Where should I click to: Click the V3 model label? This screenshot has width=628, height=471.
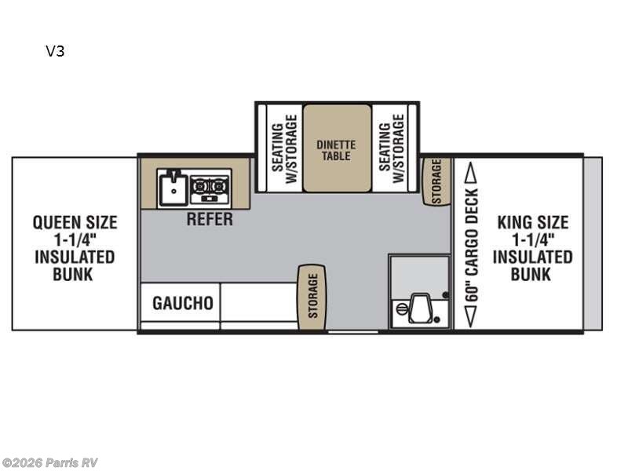point(55,51)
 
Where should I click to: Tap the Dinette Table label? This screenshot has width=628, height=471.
point(336,150)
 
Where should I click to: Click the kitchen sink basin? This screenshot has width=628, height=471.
point(173,188)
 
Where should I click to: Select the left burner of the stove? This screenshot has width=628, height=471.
point(199,186)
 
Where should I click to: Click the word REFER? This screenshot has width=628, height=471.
point(210,219)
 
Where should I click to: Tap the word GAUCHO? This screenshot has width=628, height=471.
point(183,303)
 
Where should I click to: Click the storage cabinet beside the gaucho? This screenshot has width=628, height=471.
point(312,298)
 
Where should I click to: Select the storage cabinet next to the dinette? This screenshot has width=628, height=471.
point(436,181)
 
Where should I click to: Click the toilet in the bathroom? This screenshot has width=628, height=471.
point(419,308)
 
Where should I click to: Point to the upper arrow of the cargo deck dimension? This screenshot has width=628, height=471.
point(472,173)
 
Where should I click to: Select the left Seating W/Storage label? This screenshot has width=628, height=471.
point(284,148)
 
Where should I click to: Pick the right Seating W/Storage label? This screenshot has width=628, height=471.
point(391,148)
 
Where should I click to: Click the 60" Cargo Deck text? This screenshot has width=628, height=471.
point(472,245)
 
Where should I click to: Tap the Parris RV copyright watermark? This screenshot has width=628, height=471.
point(49,463)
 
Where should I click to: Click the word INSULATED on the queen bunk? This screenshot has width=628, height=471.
point(75,257)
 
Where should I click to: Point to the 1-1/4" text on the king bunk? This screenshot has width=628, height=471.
point(533,240)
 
